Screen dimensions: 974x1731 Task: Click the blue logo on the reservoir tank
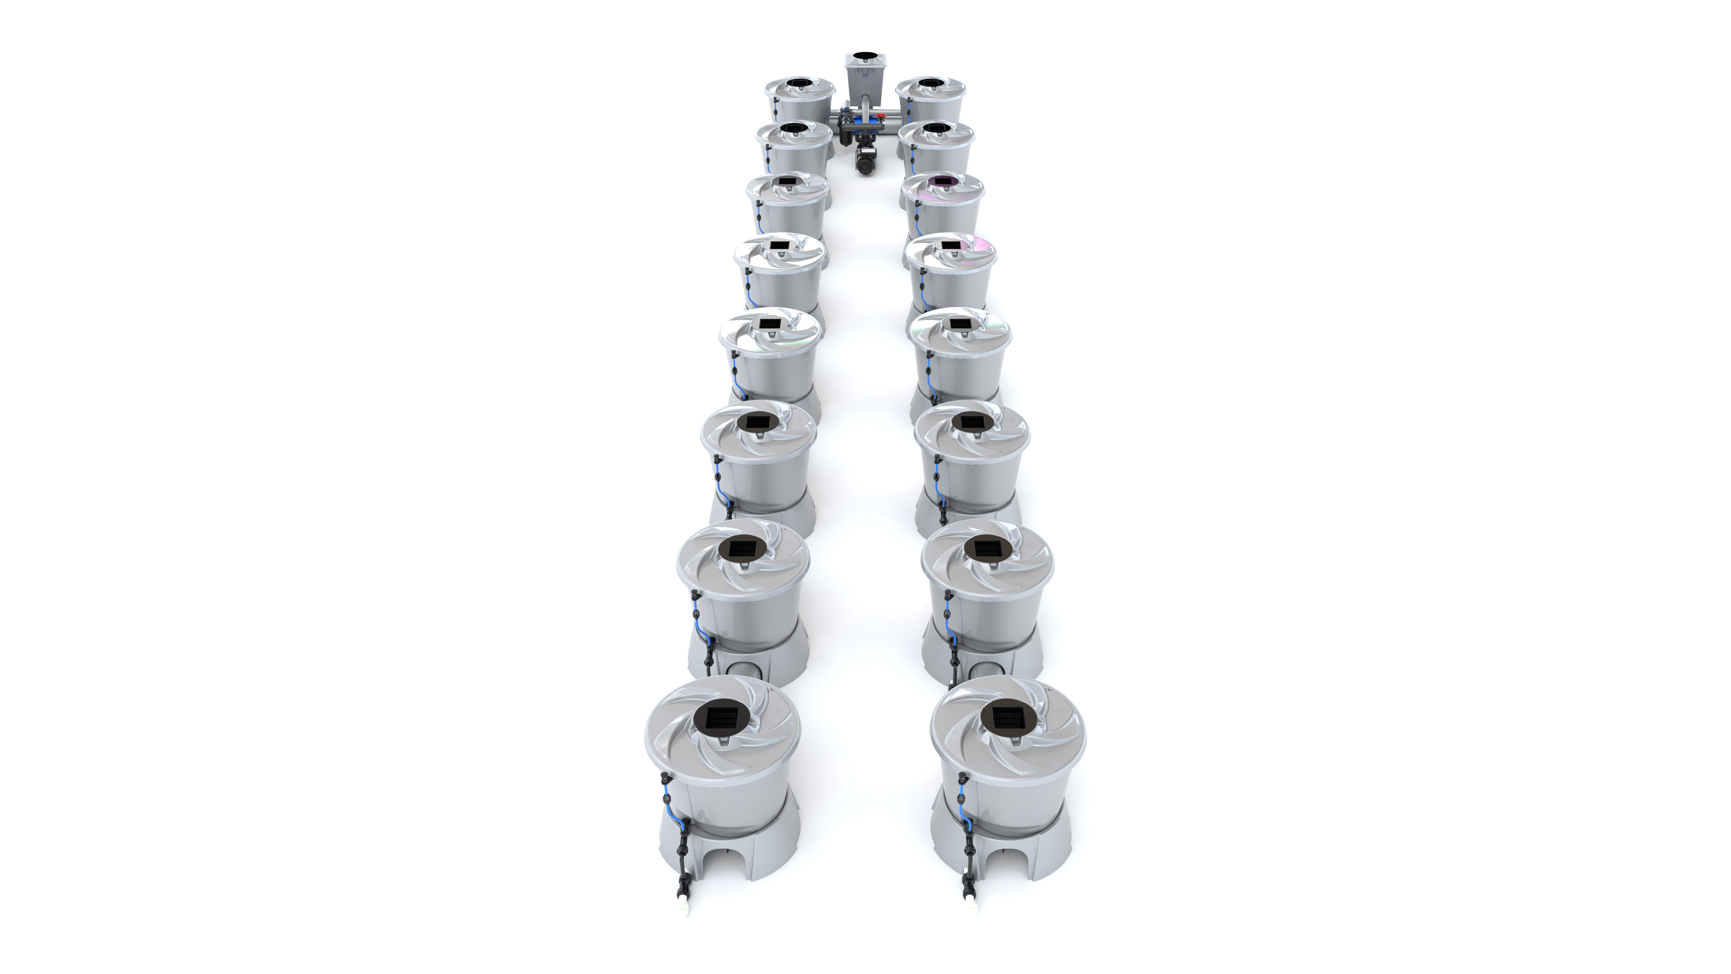point(864,95)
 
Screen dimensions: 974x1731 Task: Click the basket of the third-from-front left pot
point(759,422)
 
